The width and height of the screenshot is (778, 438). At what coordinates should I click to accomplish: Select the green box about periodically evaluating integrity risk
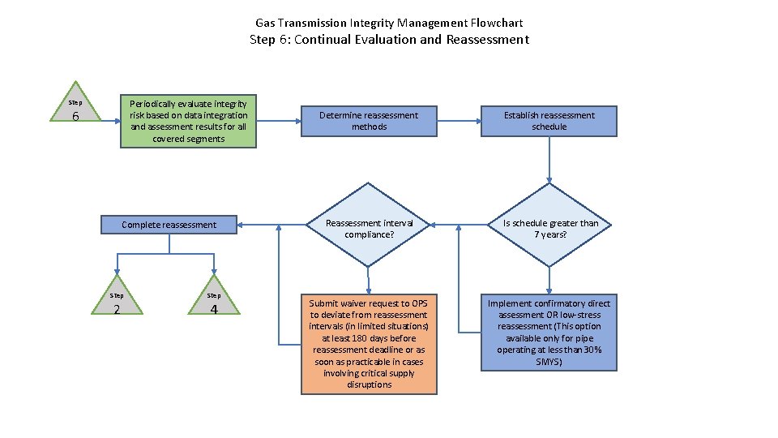click(189, 121)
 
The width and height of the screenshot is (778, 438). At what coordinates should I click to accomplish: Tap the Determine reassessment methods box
click(369, 121)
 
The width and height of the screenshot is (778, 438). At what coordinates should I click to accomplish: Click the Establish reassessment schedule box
click(549, 121)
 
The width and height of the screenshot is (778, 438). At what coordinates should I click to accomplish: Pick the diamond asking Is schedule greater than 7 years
click(549, 228)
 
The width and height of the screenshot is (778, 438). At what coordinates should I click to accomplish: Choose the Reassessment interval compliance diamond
click(369, 228)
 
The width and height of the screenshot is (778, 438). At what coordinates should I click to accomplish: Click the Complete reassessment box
click(169, 225)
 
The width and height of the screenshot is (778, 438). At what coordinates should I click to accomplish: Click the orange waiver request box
click(369, 343)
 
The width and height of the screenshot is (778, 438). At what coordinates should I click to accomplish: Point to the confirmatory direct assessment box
click(549, 333)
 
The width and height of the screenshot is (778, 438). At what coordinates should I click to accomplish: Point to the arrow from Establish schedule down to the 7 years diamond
click(549, 158)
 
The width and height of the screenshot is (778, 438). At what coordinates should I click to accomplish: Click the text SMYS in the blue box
click(549, 362)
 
